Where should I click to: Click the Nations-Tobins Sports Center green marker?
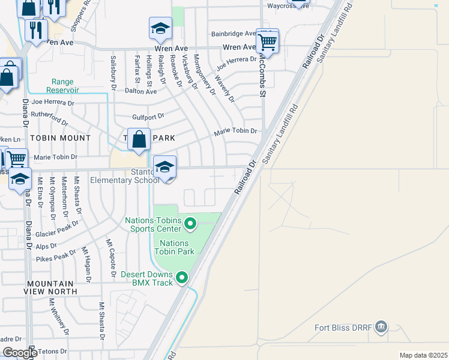190,224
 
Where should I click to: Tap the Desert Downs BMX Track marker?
181,278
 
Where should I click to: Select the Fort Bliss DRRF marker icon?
381,328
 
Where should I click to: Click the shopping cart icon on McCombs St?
267,41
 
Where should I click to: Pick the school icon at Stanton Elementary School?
164,167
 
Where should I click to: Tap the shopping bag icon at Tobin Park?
139,140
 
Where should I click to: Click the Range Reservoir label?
65,86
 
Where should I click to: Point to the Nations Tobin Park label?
175,247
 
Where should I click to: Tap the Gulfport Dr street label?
147,116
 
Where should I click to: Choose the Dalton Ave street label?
141,91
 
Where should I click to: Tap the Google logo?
19,353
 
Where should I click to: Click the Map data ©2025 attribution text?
423,355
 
